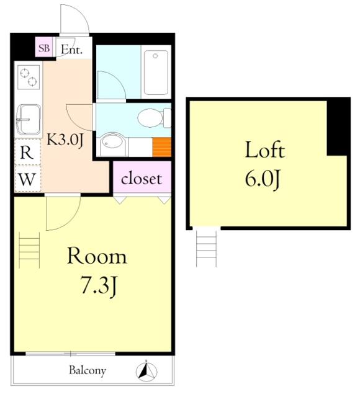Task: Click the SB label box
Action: click(44, 47)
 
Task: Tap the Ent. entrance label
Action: click(72, 50)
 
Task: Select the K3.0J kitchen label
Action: click(65, 140)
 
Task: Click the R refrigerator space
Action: click(27, 151)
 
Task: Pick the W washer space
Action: click(27, 179)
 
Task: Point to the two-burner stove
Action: click(29, 77)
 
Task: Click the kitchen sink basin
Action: click(29, 119)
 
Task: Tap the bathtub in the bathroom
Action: click(156, 73)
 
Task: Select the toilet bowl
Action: click(154, 118)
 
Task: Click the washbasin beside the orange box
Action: click(112, 144)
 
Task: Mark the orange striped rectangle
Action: click(162, 147)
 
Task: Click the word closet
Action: click(142, 179)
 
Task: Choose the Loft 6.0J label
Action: click(264, 164)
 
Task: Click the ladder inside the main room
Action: click(29, 249)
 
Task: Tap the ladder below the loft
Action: click(207, 248)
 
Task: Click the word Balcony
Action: click(88, 371)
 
